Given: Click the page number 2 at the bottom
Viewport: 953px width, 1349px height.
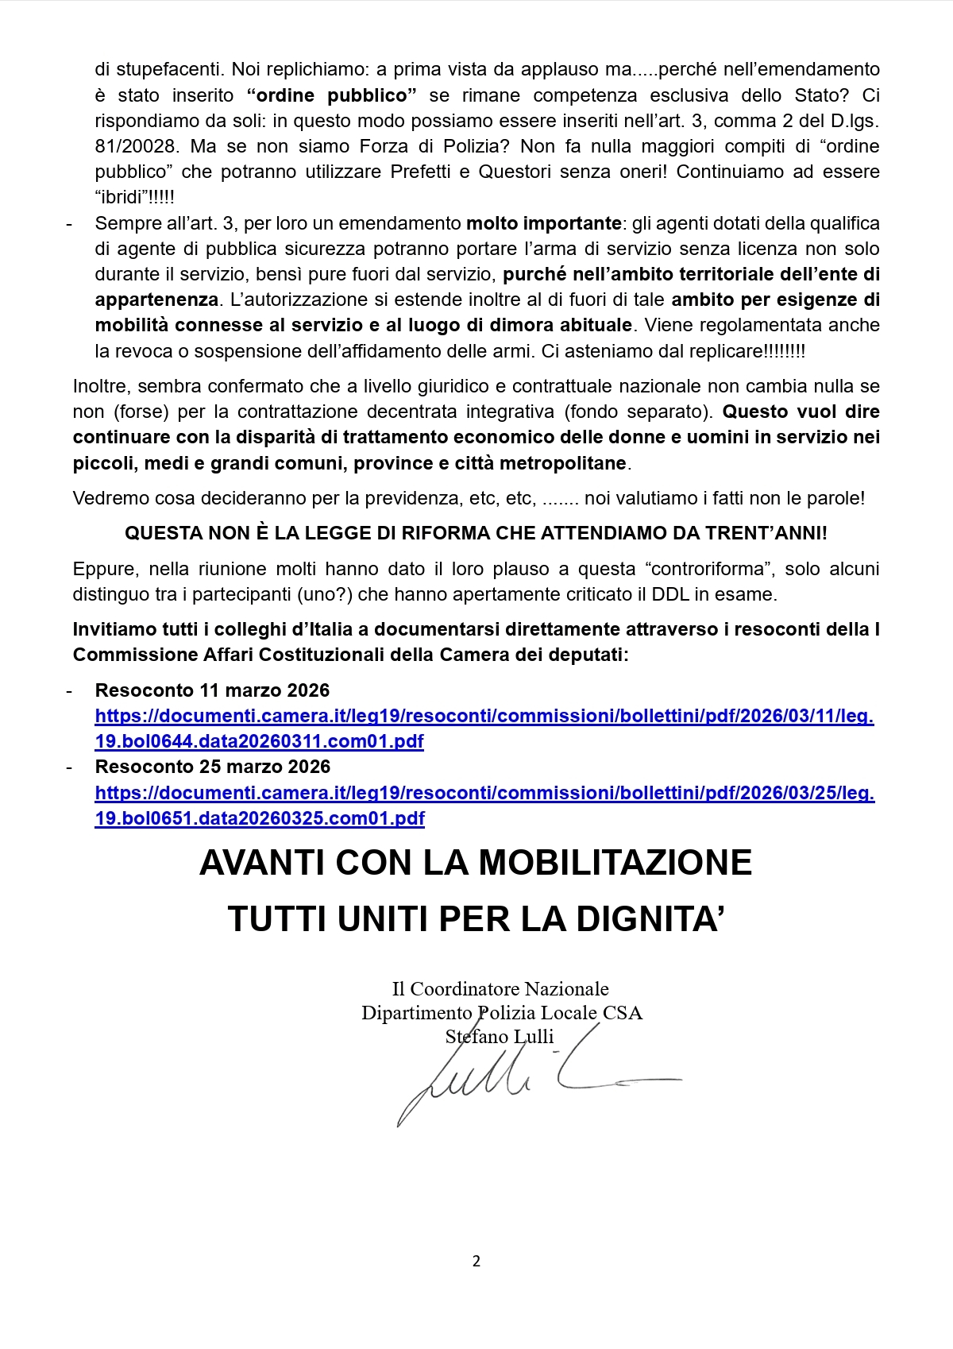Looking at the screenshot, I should tap(476, 1261).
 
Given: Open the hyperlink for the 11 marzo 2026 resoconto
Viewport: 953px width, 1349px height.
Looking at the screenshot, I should tap(484, 717).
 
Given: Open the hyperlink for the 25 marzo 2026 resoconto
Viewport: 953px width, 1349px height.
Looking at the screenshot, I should tap(484, 793).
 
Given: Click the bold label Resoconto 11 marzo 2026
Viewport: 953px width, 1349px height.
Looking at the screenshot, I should tap(212, 690).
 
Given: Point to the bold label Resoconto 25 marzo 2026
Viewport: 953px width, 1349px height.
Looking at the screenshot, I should tap(212, 767).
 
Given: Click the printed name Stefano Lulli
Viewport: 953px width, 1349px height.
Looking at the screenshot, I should tap(500, 1037).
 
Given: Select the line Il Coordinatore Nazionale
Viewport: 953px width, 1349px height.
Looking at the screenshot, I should tap(500, 989).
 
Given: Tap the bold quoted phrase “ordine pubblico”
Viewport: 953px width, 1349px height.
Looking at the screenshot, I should tap(332, 95).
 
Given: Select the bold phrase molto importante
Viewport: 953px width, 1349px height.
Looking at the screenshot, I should tap(543, 223).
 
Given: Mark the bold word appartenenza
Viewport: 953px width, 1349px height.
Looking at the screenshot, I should tap(156, 300).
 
